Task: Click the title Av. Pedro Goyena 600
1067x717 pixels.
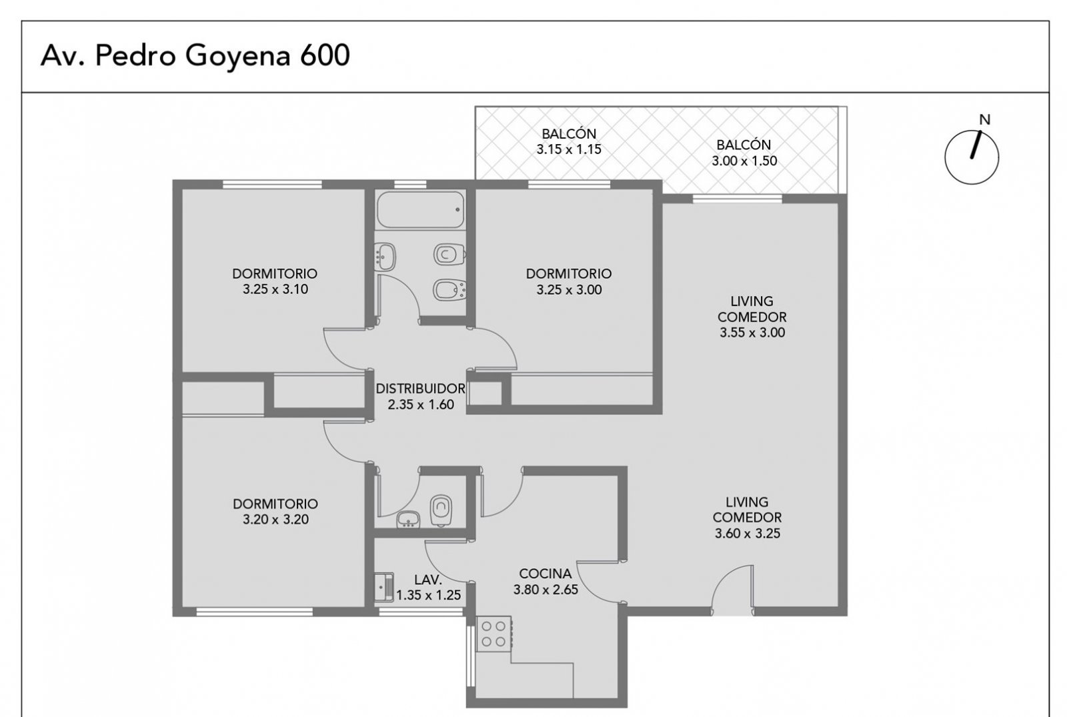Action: click(195, 56)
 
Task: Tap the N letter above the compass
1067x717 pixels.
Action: click(984, 119)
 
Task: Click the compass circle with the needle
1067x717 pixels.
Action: click(972, 157)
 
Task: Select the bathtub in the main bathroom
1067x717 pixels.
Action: click(420, 209)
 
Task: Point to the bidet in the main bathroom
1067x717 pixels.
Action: click(449, 289)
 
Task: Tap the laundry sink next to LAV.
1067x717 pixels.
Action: click(384, 587)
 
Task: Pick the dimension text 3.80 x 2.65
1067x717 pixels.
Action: click(546, 590)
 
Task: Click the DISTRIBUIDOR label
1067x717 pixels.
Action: click(420, 389)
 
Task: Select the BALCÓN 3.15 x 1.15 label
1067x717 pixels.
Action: click(569, 141)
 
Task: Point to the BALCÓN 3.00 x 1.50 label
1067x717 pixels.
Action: click(744, 153)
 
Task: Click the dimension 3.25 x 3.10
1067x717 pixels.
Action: click(275, 289)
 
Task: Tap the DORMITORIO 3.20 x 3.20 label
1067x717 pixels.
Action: click(275, 512)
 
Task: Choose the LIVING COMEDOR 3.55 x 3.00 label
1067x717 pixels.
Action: click(752, 317)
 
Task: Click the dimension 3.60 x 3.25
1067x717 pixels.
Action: click(748, 534)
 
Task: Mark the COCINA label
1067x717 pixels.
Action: click(546, 574)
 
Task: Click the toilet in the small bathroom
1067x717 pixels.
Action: click(441, 511)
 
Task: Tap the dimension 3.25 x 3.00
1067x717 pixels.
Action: click(569, 289)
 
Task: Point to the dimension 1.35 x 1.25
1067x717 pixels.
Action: click(428, 595)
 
